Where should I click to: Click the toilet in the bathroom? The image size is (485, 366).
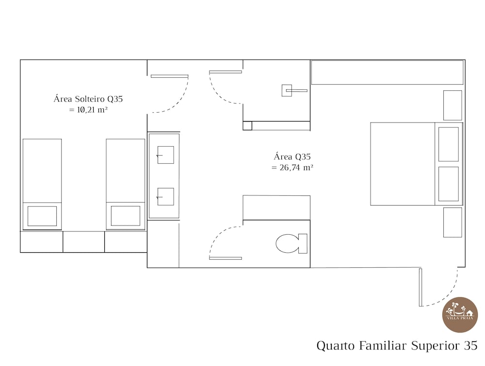[x=290, y=244]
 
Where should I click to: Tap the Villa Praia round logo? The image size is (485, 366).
[x=460, y=314]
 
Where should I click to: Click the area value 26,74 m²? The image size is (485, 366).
[x=292, y=167]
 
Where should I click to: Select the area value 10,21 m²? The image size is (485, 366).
[x=88, y=110]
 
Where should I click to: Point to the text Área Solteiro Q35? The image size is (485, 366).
[x=88, y=99]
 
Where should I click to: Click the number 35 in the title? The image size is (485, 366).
[x=470, y=346]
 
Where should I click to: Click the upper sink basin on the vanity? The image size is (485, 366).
[x=165, y=155]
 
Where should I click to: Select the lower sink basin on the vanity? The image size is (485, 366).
[x=165, y=196]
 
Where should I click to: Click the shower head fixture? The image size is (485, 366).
[x=287, y=90]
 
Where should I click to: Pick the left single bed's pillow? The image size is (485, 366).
[x=42, y=216]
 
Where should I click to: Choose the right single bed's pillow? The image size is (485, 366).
[x=126, y=216]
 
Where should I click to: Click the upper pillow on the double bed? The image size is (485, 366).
[x=449, y=144]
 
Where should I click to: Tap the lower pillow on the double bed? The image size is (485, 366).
[x=449, y=184]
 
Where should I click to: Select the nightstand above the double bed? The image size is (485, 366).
[x=453, y=105]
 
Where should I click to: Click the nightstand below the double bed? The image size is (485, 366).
[x=453, y=222]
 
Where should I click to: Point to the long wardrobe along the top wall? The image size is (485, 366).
[x=387, y=72]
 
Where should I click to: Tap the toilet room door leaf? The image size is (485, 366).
[x=226, y=258]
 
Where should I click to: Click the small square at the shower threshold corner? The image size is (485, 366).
[x=247, y=125]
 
